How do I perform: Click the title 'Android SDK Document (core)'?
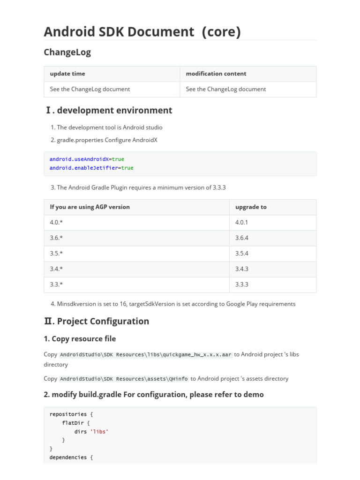tap(142, 31)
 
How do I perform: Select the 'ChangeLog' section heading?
tap(67, 52)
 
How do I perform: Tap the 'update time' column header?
tap(67, 74)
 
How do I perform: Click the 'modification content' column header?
tap(216, 74)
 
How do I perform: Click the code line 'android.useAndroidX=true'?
tap(87, 159)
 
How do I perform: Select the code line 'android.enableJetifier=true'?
tap(91, 168)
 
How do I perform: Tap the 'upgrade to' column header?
tap(251, 207)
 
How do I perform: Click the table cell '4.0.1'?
tap(241, 223)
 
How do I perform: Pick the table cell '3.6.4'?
tap(241, 238)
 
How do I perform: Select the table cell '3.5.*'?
tap(56, 254)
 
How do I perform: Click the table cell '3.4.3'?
tap(241, 269)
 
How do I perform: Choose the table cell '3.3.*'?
tap(56, 285)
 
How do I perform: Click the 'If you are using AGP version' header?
tap(90, 207)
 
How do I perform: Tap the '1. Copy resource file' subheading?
tap(80, 338)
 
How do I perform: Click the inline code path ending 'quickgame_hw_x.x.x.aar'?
tap(146, 355)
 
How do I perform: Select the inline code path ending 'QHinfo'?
tap(124, 379)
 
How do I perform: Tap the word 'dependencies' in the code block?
tap(68, 457)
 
